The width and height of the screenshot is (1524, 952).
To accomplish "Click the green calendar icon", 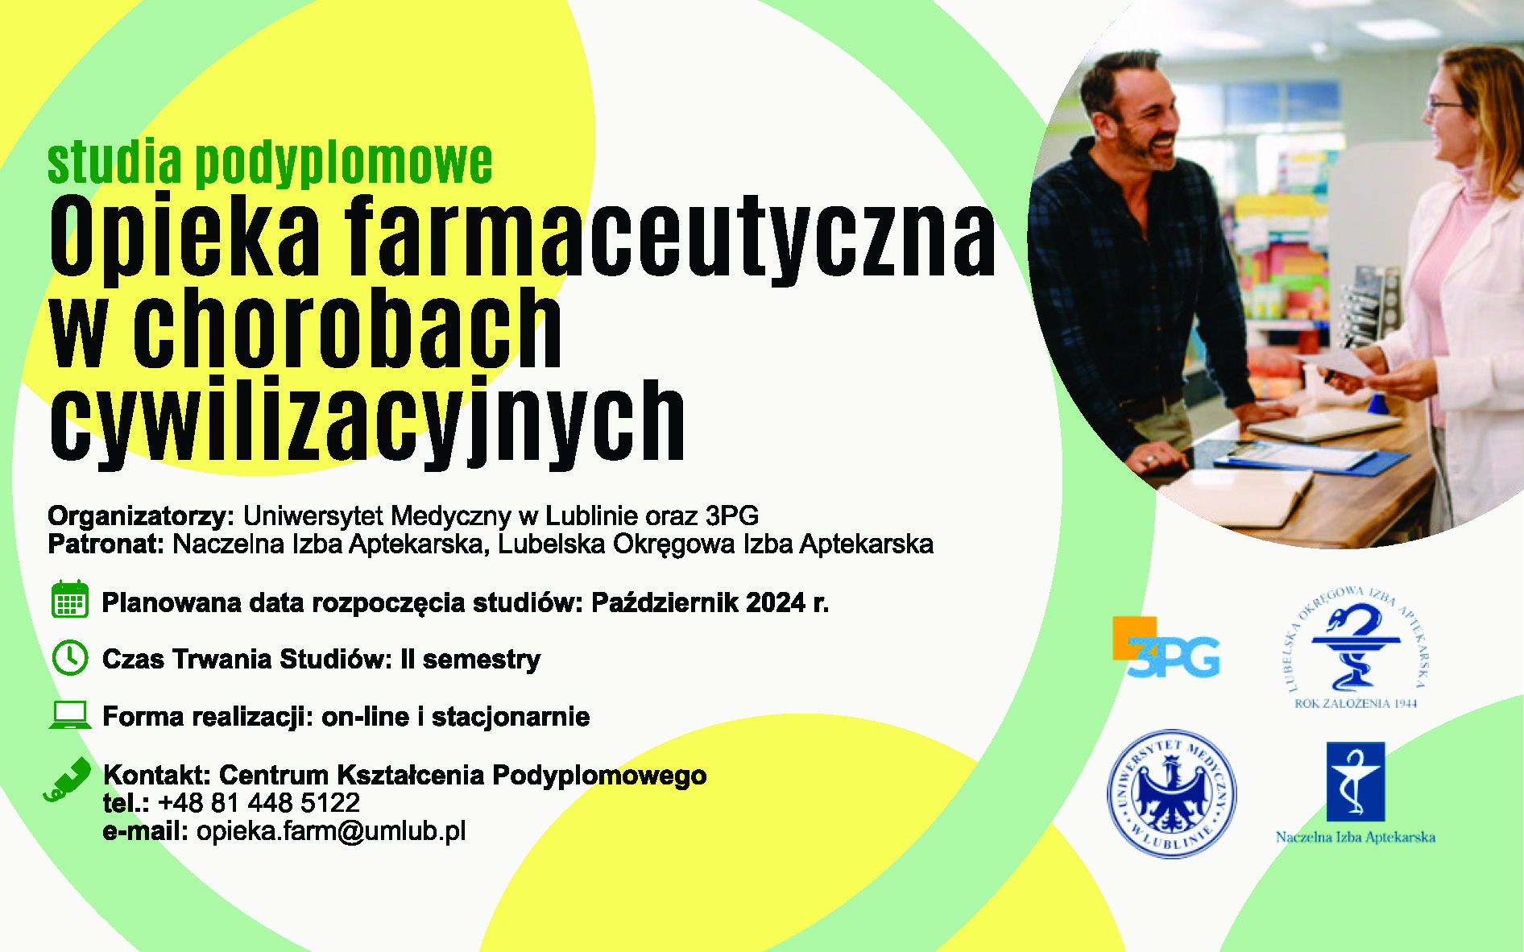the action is point(70,599).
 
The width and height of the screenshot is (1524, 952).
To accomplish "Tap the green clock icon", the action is point(70,658).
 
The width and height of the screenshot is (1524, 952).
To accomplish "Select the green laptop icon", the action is point(70,715).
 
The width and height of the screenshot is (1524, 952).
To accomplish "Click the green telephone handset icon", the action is point(68,780).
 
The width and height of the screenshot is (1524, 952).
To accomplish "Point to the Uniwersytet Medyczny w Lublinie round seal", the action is point(1172,793).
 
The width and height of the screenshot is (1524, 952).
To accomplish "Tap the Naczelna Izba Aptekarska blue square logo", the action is point(1356,781).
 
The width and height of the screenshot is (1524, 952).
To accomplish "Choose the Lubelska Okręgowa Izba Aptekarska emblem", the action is point(1356,648).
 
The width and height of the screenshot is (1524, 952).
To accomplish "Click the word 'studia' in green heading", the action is point(115,163).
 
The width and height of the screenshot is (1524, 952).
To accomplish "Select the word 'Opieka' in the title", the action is point(185,235).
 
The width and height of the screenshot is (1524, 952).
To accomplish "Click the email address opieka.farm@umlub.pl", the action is point(331,831).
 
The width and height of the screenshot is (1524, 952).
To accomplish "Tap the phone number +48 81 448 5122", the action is point(259,802).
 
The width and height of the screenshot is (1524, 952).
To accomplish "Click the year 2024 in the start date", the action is point(776,602).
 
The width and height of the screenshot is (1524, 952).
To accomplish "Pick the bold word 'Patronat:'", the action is point(106,544).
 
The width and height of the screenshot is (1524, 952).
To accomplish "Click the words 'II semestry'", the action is point(470,659).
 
